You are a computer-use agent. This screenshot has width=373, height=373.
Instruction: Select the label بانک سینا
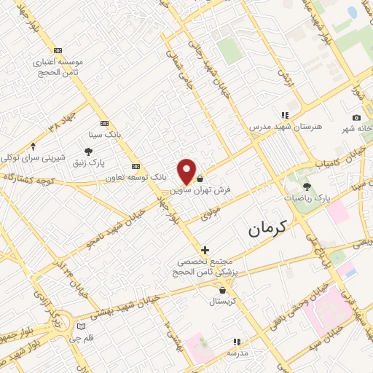point(103,135)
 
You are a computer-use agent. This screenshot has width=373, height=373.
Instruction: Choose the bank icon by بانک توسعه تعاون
point(135,166)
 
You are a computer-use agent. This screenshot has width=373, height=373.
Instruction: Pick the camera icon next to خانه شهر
point(356,118)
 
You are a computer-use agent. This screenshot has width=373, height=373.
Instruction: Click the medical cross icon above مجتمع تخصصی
point(205,250)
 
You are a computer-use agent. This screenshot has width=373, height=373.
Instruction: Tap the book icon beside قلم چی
point(82,325)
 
